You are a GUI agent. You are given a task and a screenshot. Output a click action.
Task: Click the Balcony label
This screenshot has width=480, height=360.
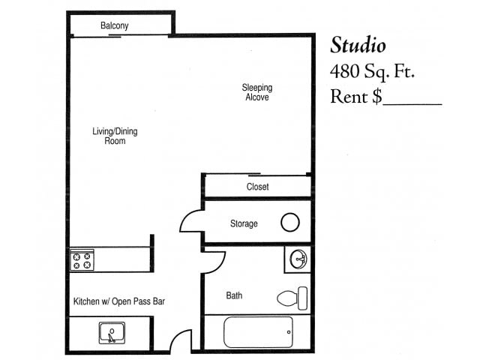[x=115, y=26]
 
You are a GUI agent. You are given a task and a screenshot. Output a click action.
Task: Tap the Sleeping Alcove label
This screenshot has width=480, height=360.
[x=256, y=92]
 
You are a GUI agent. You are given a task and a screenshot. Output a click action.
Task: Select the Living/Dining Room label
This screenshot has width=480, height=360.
[x=115, y=136]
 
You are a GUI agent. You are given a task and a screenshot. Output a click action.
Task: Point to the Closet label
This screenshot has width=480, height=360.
[x=257, y=187]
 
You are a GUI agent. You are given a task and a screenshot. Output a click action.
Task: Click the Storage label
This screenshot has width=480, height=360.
[x=244, y=223]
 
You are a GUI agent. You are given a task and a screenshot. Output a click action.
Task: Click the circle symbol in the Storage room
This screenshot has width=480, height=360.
[x=290, y=222]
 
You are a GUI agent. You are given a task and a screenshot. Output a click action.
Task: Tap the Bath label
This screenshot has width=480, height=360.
[x=234, y=295]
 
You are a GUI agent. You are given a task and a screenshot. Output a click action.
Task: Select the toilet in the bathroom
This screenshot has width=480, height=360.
[x=292, y=298]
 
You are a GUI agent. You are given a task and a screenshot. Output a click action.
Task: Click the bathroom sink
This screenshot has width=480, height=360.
[x=298, y=259]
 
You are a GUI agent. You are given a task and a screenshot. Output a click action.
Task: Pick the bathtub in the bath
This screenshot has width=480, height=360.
[x=257, y=331]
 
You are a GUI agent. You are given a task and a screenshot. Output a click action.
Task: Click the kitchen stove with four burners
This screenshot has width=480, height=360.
[x=82, y=261]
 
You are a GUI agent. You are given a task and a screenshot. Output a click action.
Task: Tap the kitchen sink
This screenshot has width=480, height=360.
[x=111, y=332]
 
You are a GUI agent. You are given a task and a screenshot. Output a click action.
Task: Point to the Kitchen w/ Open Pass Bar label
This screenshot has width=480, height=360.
[x=118, y=302]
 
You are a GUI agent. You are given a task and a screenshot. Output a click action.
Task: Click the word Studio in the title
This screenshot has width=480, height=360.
[x=358, y=46]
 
